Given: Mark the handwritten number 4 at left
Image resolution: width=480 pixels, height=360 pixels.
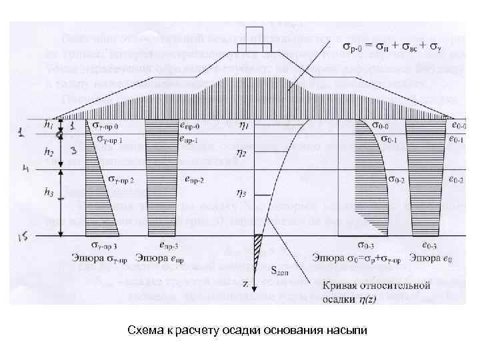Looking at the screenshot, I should point(25,169).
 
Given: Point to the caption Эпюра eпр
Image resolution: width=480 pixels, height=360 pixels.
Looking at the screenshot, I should point(158,258).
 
